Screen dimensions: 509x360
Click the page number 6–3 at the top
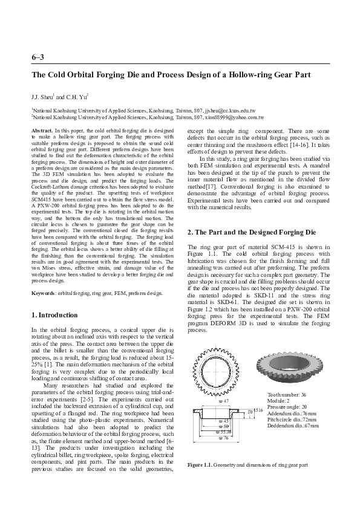point(37,57)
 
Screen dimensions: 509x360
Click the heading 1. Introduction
point(54,315)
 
